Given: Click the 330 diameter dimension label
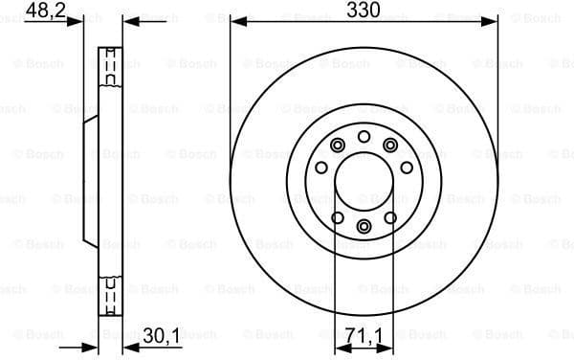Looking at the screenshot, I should pos(364,10).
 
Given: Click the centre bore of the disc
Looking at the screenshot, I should pos(364,181).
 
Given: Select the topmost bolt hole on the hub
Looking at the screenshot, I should pos(364,137).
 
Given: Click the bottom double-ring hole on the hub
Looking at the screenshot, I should pos(364,226).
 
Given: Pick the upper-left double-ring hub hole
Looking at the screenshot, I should pos(338,146).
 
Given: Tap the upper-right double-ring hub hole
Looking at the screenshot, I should pos(390,146).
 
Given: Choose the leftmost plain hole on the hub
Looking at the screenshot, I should pos(321,168).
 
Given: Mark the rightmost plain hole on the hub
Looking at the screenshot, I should pos(407,168).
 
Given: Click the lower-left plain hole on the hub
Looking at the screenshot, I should pos(337,217).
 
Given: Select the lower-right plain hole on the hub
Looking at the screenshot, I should pos(390,217).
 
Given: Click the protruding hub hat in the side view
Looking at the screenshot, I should pos(92,181).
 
